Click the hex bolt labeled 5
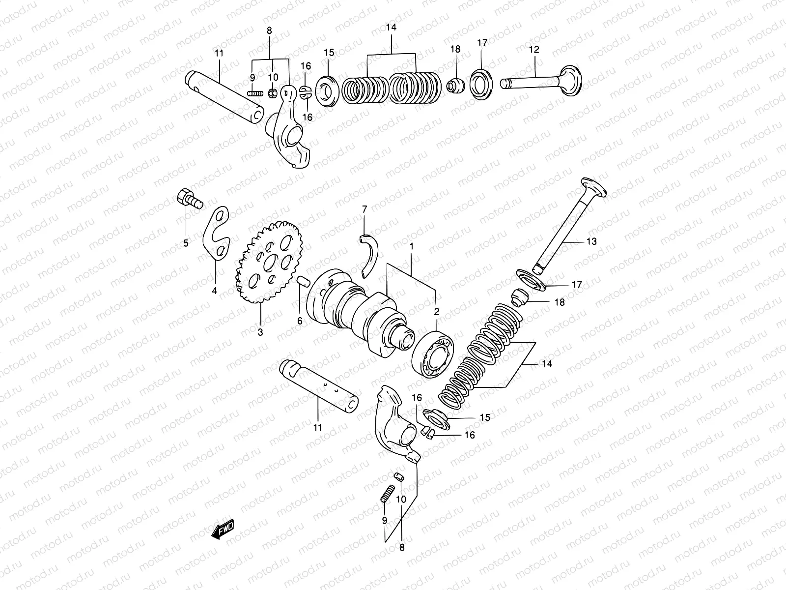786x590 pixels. (187, 198)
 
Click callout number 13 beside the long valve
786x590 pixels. (591, 241)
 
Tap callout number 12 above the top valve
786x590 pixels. (534, 50)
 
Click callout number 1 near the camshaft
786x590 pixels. (411, 245)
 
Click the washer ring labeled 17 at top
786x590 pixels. (482, 84)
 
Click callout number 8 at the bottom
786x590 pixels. (402, 547)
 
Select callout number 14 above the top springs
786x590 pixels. (391, 28)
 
